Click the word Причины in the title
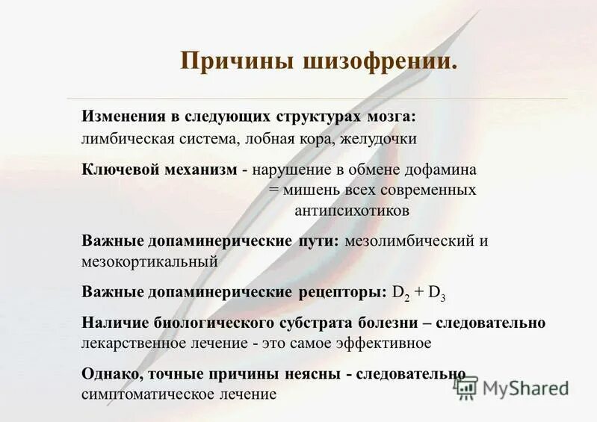[226, 60]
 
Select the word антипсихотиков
[352, 211]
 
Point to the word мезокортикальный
[149, 261]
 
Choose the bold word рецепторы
[340, 292]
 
